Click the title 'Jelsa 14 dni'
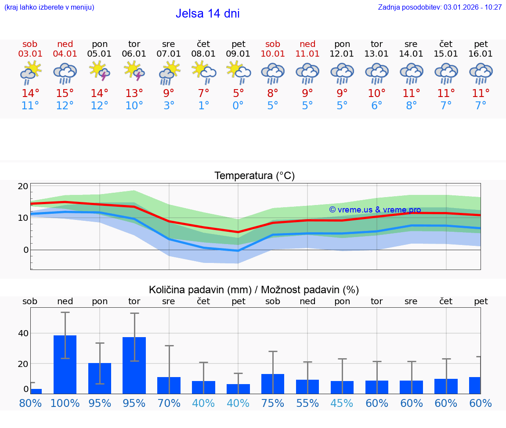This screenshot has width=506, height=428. click(x=207, y=14)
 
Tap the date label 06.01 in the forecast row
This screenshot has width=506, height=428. click(x=134, y=54)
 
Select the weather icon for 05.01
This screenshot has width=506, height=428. click(x=99, y=72)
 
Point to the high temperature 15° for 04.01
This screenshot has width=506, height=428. click(x=65, y=93)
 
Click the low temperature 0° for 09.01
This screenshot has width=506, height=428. click(x=238, y=106)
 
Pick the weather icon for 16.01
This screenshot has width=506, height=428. click(x=481, y=73)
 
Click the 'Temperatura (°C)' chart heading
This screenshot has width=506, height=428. click(x=254, y=176)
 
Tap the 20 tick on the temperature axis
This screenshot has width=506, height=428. click(x=23, y=186)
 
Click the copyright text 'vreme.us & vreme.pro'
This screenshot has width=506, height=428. click(x=375, y=210)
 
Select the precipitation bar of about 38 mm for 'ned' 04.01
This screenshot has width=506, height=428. click(x=65, y=364)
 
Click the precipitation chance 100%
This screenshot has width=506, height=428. click(x=65, y=403)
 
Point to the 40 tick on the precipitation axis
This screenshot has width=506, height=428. click(x=23, y=333)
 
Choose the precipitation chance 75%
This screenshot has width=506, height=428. click(x=273, y=403)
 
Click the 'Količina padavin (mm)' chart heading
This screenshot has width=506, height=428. click(x=254, y=290)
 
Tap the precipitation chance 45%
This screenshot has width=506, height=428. click(x=342, y=403)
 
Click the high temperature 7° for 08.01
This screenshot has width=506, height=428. click(x=203, y=93)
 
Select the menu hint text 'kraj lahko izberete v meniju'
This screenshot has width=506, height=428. click(x=49, y=7)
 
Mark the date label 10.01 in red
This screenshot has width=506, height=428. click(x=273, y=54)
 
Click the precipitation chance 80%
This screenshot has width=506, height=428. click(x=30, y=403)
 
